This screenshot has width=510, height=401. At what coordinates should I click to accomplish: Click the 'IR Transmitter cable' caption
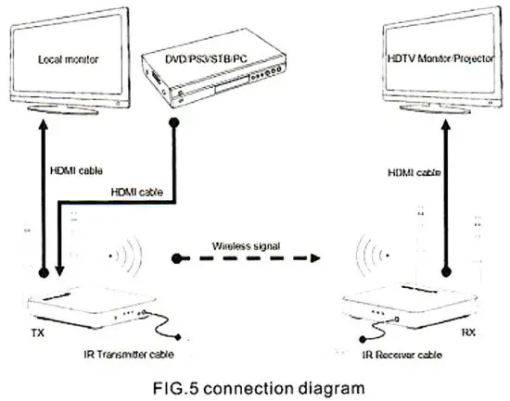tap(124, 353)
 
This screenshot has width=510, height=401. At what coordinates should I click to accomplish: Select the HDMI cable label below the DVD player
tap(137, 193)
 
